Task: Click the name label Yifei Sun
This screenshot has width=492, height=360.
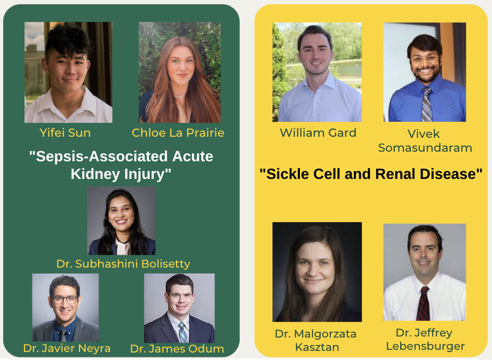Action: pyautogui.click(x=65, y=133)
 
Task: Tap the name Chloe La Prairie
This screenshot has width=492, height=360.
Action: pyautogui.click(x=178, y=133)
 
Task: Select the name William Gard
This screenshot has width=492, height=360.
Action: pyautogui.click(x=318, y=133)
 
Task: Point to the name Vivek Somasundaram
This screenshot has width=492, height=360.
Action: pyautogui.click(x=425, y=140)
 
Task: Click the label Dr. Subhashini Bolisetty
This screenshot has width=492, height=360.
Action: pyautogui.click(x=123, y=263)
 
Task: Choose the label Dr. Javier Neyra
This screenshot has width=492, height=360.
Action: pyautogui.click(x=67, y=348)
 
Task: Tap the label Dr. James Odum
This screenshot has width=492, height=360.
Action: pyautogui.click(x=177, y=349)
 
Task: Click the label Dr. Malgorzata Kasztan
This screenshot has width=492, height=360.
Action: pyautogui.click(x=316, y=340)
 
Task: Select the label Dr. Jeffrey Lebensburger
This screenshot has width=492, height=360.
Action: pyautogui.click(x=425, y=339)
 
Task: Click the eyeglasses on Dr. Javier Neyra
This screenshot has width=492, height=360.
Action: pyautogui.click(x=65, y=299)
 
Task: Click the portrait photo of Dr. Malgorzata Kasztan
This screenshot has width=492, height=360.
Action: pyautogui.click(x=317, y=272)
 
